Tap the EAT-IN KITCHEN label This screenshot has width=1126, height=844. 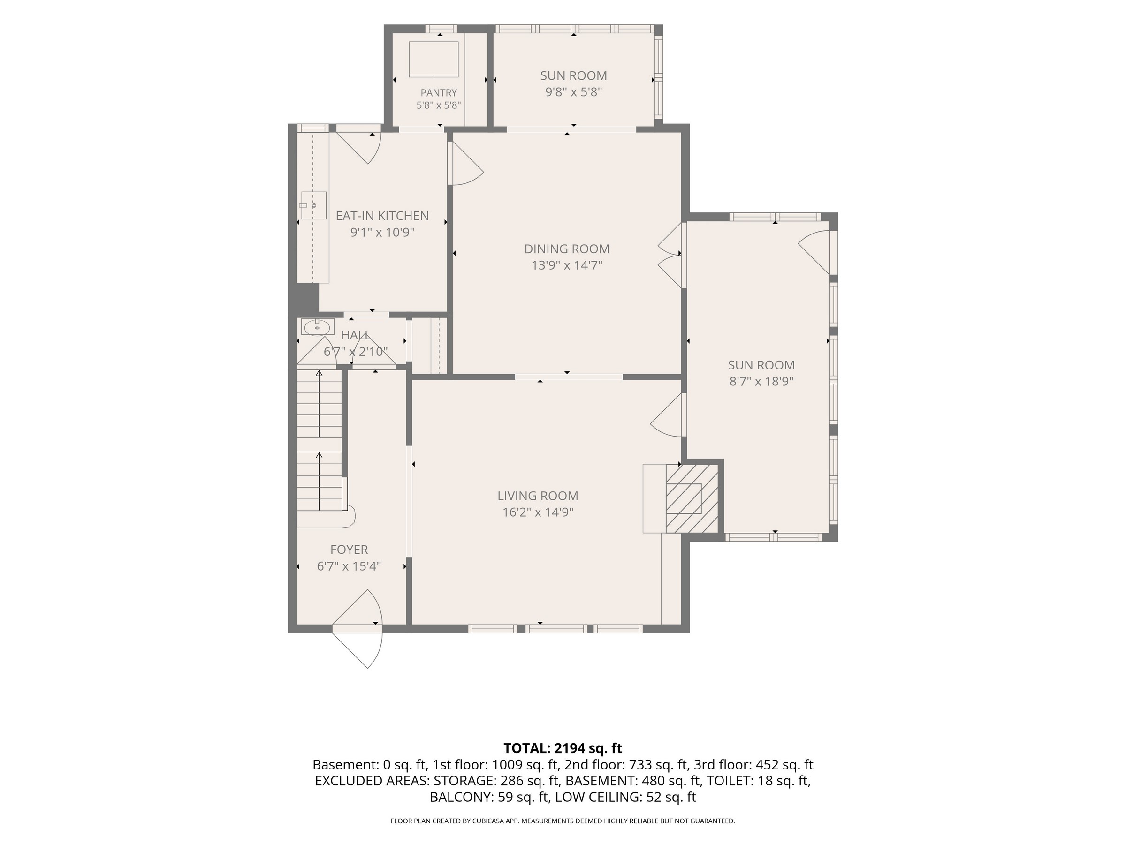point(382,216)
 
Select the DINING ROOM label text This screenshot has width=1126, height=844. point(567,249)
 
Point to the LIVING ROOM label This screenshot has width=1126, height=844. point(538,496)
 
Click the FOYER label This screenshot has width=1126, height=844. point(349,550)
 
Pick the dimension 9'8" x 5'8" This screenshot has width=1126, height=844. point(573,92)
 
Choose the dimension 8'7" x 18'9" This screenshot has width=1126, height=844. point(761,381)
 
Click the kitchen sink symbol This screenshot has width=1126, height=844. point(313,205)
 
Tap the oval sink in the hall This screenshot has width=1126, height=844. point(318,327)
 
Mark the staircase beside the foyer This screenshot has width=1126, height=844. point(320,441)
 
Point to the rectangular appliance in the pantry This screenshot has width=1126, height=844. point(434,59)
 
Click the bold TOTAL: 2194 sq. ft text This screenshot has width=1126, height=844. point(563,748)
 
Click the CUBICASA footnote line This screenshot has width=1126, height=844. point(563,821)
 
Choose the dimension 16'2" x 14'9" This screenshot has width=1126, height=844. point(538,512)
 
